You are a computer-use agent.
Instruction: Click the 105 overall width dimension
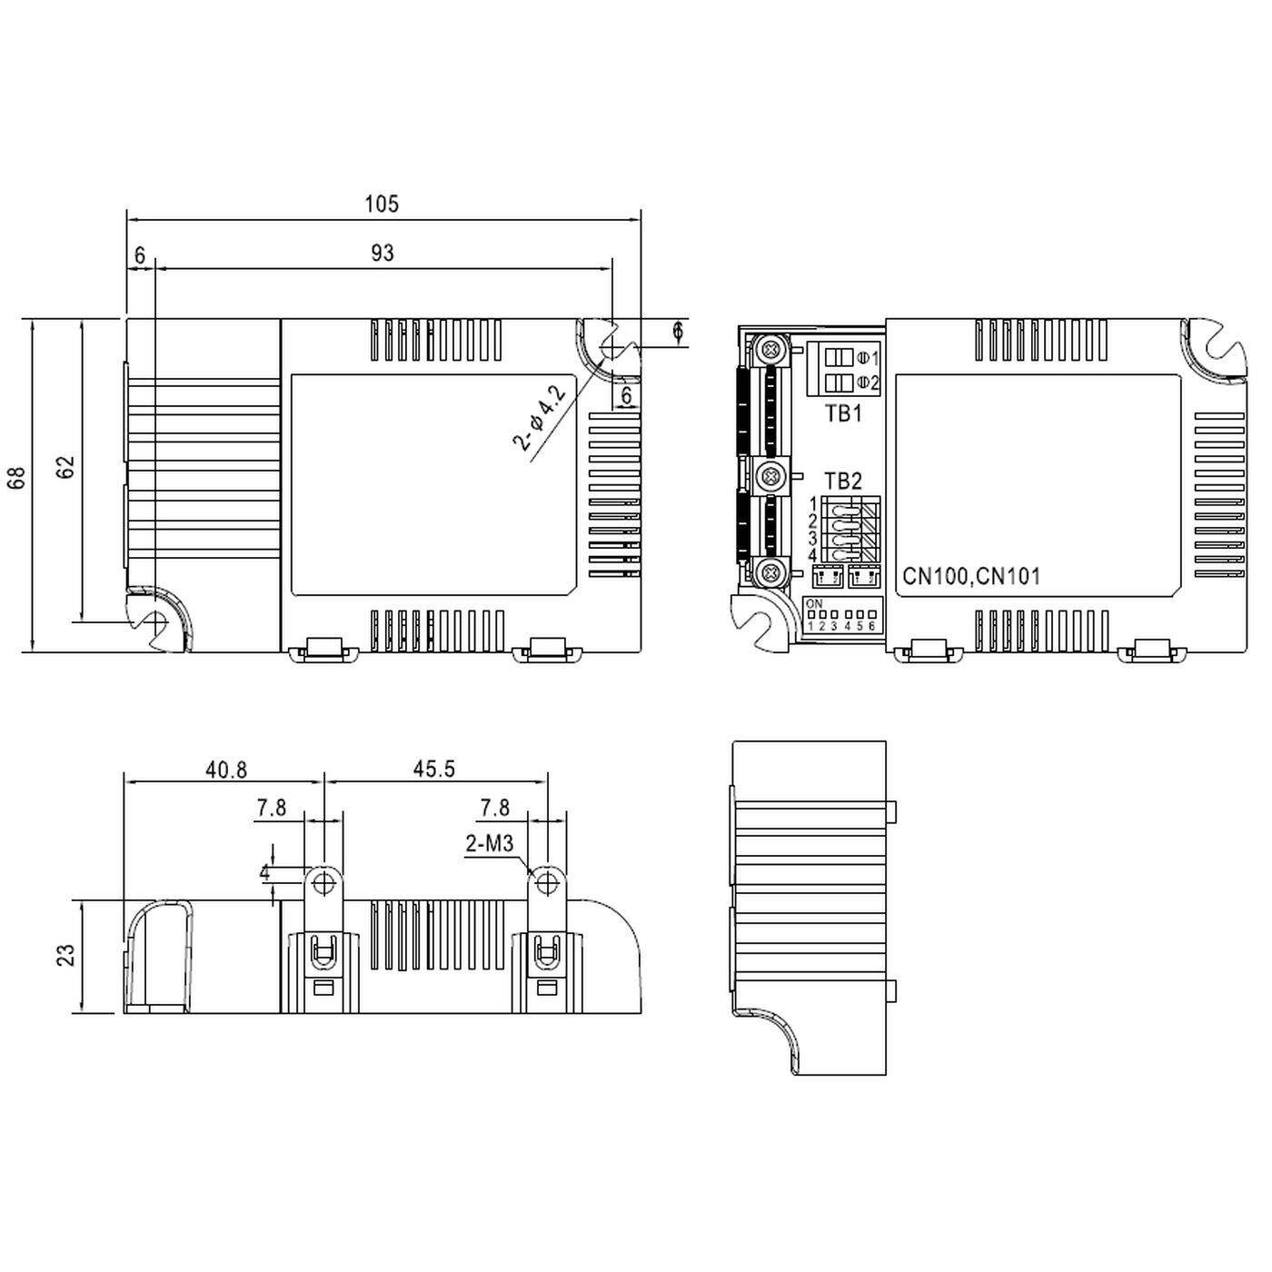(x=382, y=204)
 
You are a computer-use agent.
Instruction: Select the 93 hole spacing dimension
(x=383, y=253)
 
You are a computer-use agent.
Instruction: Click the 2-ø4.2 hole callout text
(x=540, y=419)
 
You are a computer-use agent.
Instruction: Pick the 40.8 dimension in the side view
(x=225, y=770)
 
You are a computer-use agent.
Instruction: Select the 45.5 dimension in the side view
(x=433, y=769)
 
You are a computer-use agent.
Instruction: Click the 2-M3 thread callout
(x=490, y=844)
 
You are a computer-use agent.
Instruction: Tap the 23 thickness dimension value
(x=66, y=956)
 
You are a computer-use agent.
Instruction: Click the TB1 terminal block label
(x=843, y=414)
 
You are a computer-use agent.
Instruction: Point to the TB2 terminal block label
(x=843, y=481)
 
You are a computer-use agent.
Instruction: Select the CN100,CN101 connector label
(x=971, y=576)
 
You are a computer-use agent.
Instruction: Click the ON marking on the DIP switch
(x=814, y=603)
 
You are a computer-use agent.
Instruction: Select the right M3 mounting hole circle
(x=547, y=882)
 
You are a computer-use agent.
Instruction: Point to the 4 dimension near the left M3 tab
(x=264, y=873)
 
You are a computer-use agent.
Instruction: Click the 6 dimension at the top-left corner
(x=139, y=256)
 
